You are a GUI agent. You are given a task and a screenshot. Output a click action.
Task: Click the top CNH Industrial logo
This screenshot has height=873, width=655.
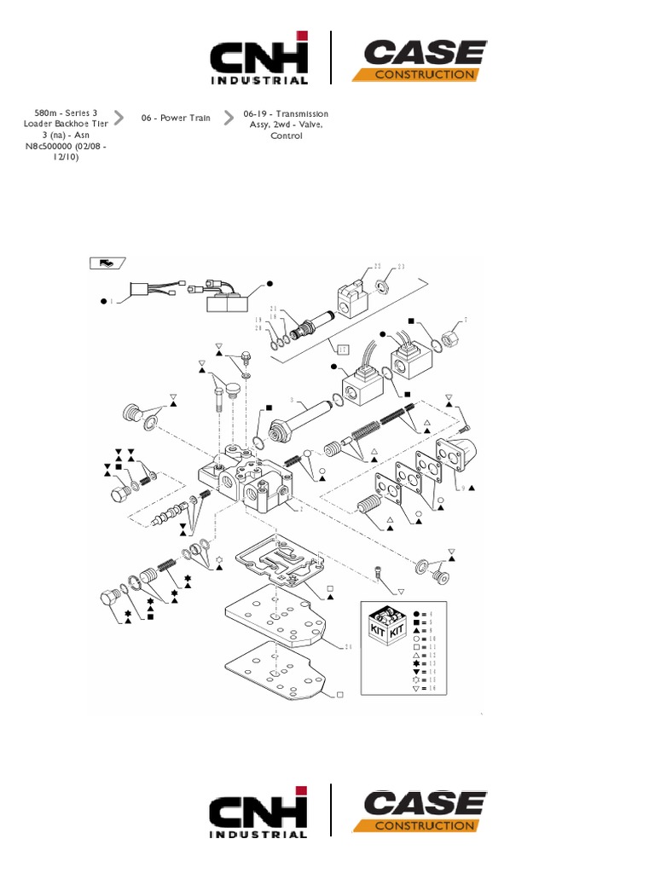click(x=260, y=58)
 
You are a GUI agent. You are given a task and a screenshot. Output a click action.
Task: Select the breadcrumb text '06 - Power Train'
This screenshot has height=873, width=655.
click(x=176, y=118)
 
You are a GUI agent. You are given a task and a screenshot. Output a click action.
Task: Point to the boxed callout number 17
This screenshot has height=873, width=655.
click(x=342, y=349)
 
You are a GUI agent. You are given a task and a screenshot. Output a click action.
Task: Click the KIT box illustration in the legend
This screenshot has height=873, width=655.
click(x=385, y=626)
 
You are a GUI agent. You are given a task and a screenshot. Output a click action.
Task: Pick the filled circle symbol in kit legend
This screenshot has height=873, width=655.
click(x=416, y=614)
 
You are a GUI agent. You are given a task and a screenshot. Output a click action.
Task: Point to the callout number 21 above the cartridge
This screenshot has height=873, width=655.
click(x=274, y=309)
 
